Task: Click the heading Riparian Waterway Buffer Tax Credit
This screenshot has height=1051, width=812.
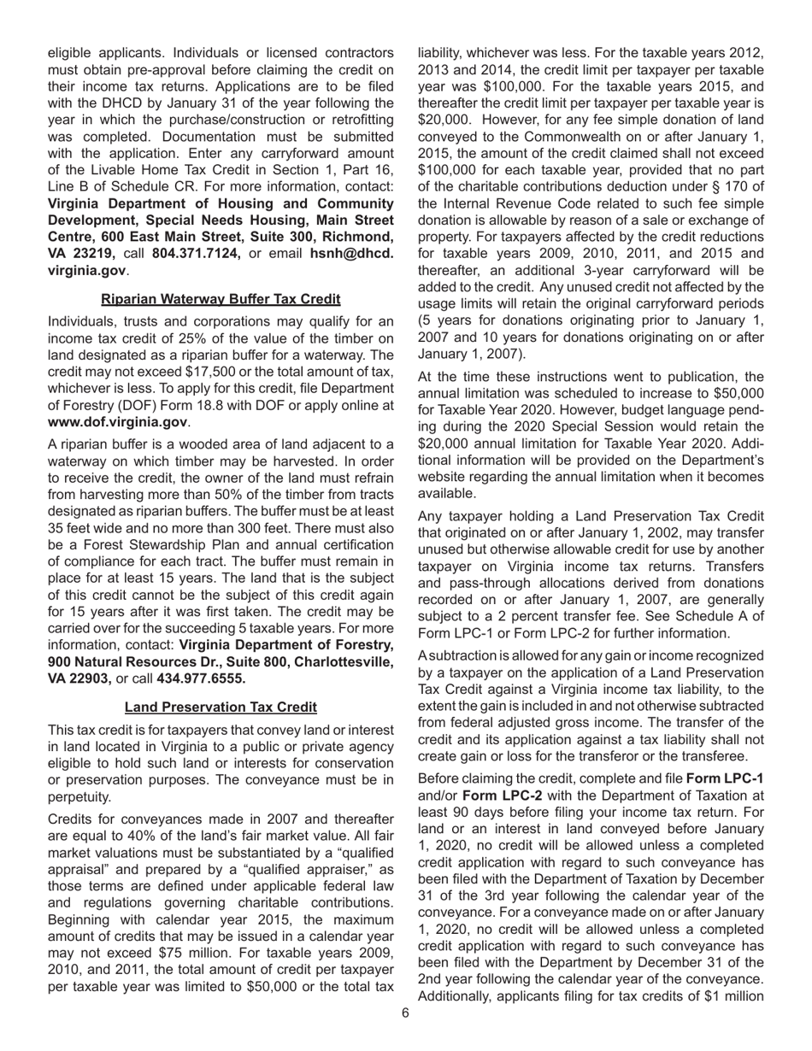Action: coord(221,299)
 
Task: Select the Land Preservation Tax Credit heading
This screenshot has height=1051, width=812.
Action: coord(221,708)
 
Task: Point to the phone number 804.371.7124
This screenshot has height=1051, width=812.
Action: coord(197,253)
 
